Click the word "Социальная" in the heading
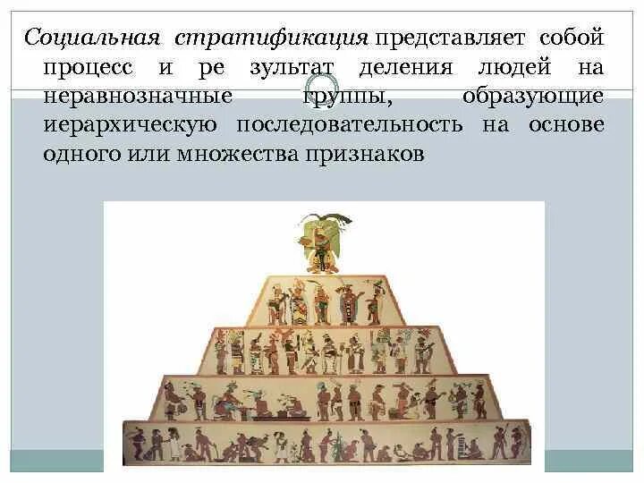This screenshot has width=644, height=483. [x=92, y=38]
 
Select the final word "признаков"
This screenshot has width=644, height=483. [x=368, y=153]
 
